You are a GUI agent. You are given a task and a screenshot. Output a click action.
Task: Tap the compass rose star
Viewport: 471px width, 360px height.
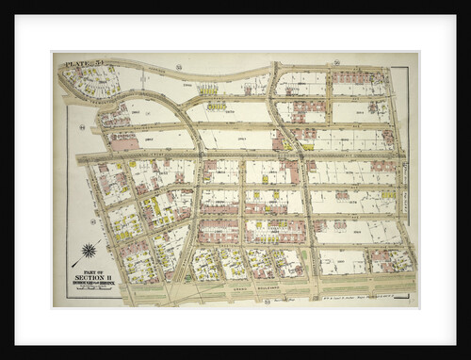[89, 250]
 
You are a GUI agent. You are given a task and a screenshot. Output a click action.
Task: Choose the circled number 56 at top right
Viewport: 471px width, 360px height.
[335, 62]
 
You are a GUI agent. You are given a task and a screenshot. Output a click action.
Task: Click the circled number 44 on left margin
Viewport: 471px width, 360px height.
[83, 128]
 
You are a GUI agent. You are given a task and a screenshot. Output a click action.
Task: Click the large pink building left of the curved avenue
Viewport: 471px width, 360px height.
[123, 143]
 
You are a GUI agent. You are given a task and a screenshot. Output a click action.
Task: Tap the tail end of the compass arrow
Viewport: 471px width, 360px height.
[73, 265]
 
